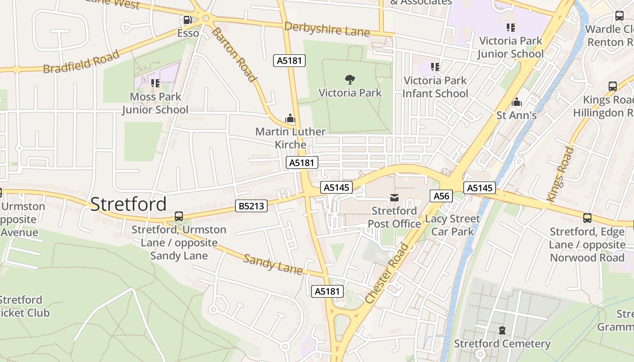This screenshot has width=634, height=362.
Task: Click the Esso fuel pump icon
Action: click(x=187, y=20)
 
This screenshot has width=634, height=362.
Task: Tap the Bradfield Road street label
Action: click(x=82, y=62)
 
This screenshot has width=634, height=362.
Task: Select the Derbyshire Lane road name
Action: click(x=327, y=29)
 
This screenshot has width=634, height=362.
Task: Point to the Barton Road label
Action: click(x=234, y=55)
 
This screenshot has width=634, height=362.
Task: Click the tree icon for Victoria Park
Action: click(x=350, y=80)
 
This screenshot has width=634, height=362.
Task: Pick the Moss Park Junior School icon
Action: click(x=155, y=83)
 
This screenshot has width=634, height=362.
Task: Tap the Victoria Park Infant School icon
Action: click(x=435, y=67)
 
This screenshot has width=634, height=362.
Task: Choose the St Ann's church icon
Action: click(x=516, y=102)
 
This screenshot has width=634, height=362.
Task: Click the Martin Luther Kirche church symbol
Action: click(x=290, y=119)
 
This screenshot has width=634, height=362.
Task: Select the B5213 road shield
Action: click(x=252, y=206)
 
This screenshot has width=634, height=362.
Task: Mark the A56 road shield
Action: click(x=441, y=195)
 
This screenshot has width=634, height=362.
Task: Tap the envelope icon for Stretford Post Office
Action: click(x=394, y=198)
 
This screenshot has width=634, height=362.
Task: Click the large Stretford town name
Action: click(x=129, y=204)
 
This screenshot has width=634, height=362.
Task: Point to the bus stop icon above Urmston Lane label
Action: click(x=179, y=216)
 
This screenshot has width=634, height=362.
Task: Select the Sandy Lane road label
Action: click(x=273, y=264)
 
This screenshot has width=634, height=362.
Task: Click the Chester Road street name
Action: click(x=387, y=274)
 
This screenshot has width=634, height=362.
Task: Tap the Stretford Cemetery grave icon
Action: click(x=502, y=330)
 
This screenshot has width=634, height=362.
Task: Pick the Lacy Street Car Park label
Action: click(x=452, y=225)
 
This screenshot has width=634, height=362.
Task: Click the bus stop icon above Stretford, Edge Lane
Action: click(x=587, y=218)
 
